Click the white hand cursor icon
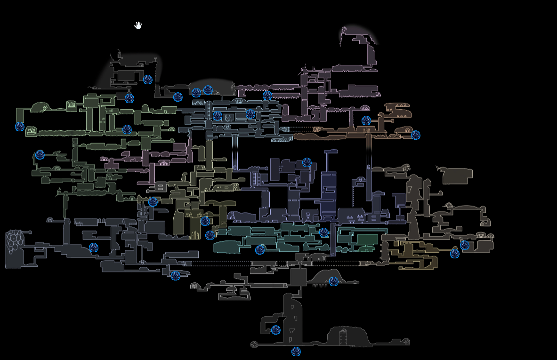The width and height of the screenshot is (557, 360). coord(138,25)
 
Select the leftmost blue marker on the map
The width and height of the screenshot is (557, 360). coord(20,127)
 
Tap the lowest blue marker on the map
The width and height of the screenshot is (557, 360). coord(296,352)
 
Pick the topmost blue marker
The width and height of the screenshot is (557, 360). coord(148,80)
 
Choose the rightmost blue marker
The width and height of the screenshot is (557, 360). coord(465,246)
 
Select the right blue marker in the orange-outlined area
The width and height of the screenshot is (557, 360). coord(415,136)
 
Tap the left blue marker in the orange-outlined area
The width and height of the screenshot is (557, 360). coord(366,121)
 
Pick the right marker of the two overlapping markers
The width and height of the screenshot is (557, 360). coord(208,90)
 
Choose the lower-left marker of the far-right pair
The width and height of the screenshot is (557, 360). coord(455,254)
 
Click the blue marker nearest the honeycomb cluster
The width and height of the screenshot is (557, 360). coord(94,248)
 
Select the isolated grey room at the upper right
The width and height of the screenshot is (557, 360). coord(457,175)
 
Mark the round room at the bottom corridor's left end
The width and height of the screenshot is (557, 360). coord(254,344)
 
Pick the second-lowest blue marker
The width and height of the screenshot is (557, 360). coord(276,330)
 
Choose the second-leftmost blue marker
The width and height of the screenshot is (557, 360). coord(40,155)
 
